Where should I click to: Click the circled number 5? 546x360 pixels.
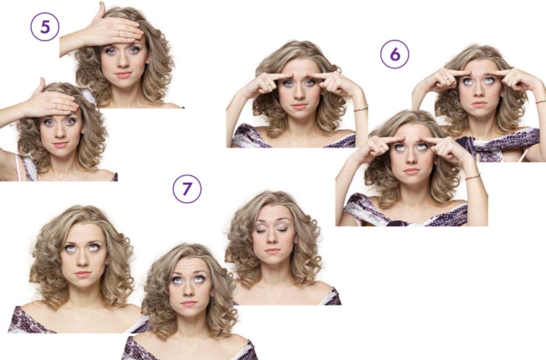45,27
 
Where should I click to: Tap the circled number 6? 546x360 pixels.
395,54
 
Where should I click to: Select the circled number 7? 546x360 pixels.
187,189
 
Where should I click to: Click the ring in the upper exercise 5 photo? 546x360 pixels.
119,33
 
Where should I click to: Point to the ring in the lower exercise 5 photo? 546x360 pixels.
56,105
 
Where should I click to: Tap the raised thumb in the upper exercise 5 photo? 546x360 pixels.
101,10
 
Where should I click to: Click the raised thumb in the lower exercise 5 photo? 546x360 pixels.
40,85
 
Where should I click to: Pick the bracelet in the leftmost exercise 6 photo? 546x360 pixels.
361,108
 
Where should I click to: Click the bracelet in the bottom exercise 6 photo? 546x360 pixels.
472,176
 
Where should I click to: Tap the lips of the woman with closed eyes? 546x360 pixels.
273,251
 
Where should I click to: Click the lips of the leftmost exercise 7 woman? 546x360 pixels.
83,274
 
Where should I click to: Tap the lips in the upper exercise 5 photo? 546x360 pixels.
123,75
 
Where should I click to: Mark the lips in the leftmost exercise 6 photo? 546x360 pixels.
299,106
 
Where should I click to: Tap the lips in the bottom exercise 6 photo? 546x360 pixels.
411,171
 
